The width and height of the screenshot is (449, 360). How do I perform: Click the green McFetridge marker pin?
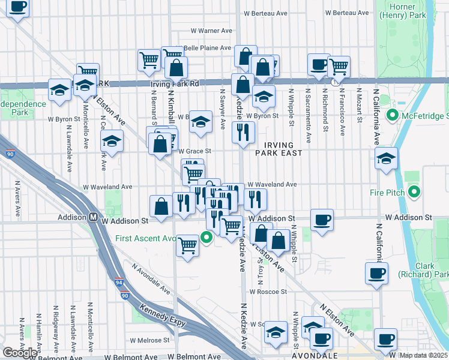[393, 114]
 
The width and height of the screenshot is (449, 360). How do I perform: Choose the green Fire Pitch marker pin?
[414, 192]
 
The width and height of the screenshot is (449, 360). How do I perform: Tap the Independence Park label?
[23, 108]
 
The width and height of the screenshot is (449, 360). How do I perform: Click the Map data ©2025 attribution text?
[424, 355]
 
